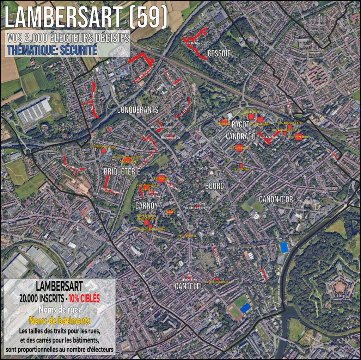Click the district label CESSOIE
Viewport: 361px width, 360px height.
pos(219,54)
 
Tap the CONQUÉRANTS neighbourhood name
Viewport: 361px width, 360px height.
pos(138,110)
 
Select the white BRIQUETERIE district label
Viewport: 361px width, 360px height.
pos(122,172)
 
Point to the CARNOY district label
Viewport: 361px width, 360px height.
pos(146,205)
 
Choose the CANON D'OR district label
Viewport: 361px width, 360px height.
pos(276,199)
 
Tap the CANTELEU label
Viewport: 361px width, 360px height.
pos(189,287)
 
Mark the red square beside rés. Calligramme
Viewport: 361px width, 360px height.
pos(103,151)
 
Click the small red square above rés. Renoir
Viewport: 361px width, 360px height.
pos(241,165)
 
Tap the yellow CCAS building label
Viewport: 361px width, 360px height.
pos(171,212)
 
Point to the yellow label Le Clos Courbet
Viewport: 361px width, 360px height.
pos(216,282)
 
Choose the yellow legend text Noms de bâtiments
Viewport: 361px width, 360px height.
pos(59,321)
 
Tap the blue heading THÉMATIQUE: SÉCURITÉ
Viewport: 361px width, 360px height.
pos(52,50)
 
